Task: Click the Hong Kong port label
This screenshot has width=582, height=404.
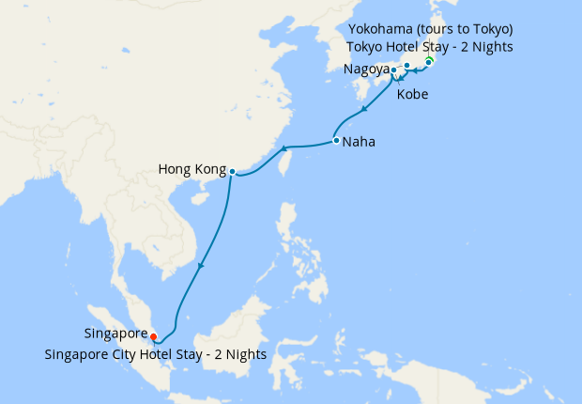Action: point(192,171)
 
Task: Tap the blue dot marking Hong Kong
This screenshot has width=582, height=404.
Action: point(232,171)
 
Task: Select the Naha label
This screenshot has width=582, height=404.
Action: point(360,143)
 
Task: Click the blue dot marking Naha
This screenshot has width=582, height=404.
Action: point(336,141)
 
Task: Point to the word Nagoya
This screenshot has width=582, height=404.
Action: point(364,70)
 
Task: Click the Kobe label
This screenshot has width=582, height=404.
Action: point(414,95)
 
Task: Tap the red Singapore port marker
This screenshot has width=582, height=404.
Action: point(154,336)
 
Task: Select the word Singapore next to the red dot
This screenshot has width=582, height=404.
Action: point(115,334)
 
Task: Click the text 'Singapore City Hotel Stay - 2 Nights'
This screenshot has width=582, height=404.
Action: point(155,354)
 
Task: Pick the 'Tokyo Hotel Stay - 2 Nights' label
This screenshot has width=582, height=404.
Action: point(430,47)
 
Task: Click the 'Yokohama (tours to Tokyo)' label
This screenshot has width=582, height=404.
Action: point(430,29)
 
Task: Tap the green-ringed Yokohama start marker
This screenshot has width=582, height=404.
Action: point(429,62)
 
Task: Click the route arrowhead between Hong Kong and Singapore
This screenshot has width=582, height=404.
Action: point(199,267)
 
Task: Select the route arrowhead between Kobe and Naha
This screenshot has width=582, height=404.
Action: point(363,111)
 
